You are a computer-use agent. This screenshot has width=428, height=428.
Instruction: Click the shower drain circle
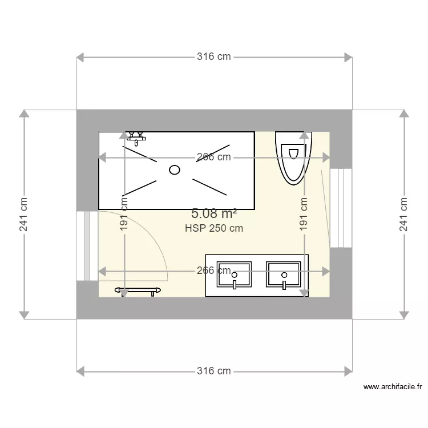click(x=175, y=169)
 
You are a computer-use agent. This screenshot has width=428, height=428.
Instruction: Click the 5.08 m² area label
click(x=214, y=214)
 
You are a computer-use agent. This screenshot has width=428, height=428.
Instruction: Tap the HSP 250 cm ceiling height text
click(x=214, y=228)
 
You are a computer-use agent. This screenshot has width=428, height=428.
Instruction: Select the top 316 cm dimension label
click(x=214, y=56)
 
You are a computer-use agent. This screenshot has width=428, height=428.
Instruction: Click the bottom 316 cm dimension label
click(x=214, y=371)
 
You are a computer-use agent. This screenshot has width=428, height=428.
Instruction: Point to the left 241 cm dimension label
click(x=23, y=214)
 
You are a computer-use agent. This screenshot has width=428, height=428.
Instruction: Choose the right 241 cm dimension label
click(x=403, y=214)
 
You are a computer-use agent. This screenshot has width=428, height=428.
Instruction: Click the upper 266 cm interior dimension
click(x=214, y=157)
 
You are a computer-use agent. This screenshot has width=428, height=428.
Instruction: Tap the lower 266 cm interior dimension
click(x=214, y=270)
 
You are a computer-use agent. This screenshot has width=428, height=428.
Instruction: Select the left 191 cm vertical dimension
click(x=124, y=214)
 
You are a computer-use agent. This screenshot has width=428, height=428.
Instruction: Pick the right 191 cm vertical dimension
click(x=304, y=214)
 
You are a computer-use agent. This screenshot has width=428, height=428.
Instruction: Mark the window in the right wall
click(x=341, y=208)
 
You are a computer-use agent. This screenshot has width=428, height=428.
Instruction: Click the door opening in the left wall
click(x=87, y=245)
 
